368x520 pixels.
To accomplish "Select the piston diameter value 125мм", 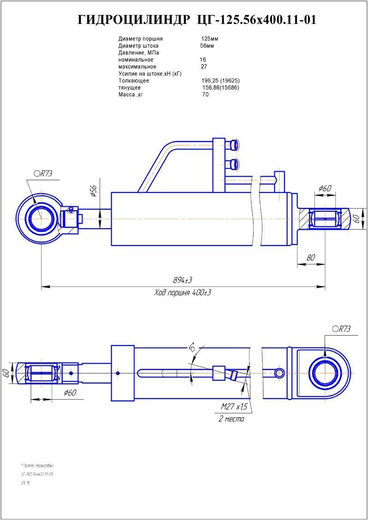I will point(209,39).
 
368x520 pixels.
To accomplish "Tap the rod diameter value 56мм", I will point(207,46).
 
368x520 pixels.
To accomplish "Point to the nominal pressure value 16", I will point(203,60).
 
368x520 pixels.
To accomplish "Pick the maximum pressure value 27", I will point(204,66).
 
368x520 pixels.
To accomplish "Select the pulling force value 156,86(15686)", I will point(221,88).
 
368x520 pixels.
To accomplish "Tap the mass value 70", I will point(205,95).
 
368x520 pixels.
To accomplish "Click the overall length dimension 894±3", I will point(182,281).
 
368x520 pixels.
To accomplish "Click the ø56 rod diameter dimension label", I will point(93,191).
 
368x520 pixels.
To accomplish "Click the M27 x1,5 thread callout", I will point(234,406).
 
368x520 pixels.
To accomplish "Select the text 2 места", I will point(231,419).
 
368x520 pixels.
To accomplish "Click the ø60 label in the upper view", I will point(325,188).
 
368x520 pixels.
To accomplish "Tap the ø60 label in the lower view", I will point(70,393).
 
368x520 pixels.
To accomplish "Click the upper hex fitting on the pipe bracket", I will point(235,145).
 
